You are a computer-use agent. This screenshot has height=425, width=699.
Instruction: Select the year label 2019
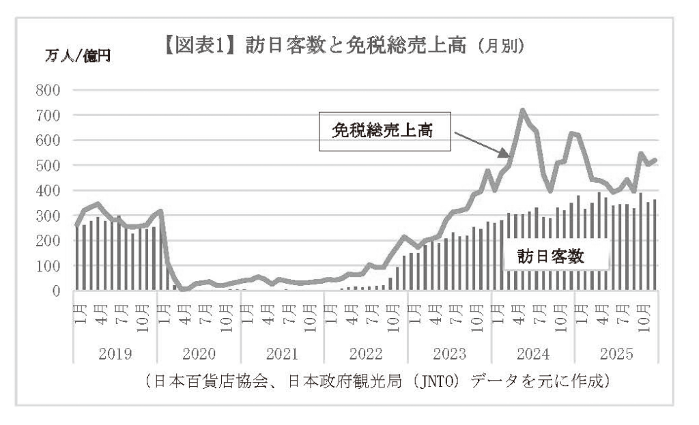(x=115, y=354)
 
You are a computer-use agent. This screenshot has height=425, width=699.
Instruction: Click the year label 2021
(x=282, y=354)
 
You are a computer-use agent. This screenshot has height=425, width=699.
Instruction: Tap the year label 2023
(x=449, y=354)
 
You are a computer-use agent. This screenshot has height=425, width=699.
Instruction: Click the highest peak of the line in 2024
(x=522, y=110)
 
